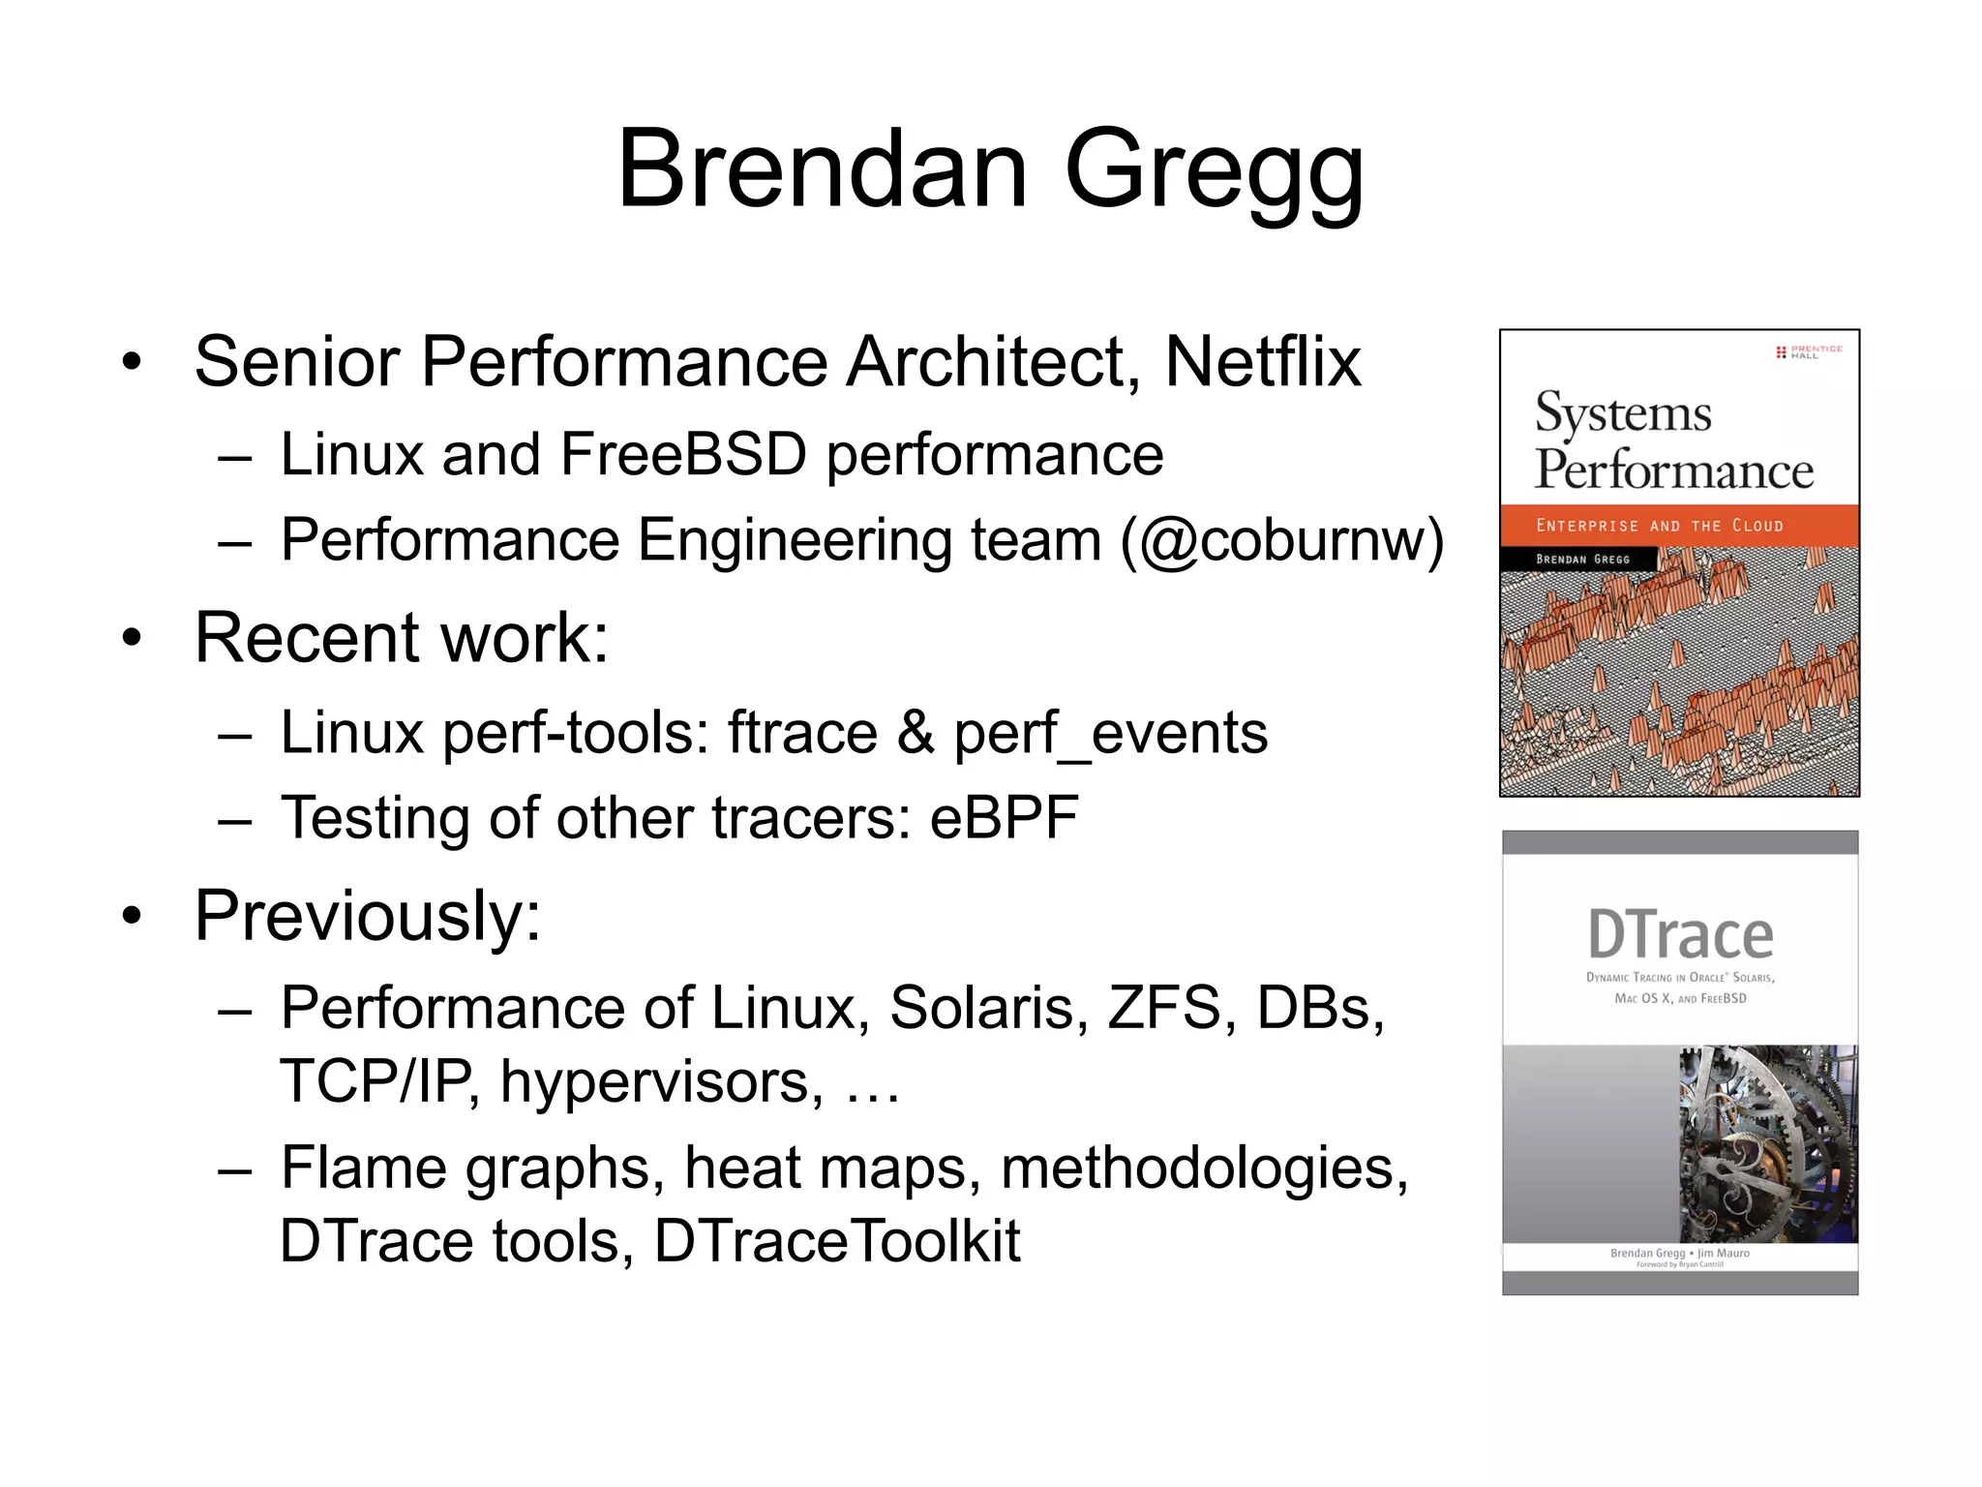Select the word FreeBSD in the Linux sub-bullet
click(682, 454)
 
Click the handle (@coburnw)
click(1281, 540)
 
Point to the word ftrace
click(802, 733)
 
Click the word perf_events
click(1110, 733)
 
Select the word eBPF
click(1004, 818)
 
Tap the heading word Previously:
click(368, 916)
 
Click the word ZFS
click(1163, 1008)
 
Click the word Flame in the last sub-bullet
click(364, 1168)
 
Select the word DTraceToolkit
click(837, 1241)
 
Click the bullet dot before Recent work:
click(133, 639)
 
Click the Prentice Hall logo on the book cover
click(1809, 351)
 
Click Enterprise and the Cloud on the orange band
click(1659, 526)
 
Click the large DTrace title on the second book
click(1680, 935)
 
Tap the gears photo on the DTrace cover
click(1768, 1143)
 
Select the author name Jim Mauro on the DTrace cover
click(1724, 1253)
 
